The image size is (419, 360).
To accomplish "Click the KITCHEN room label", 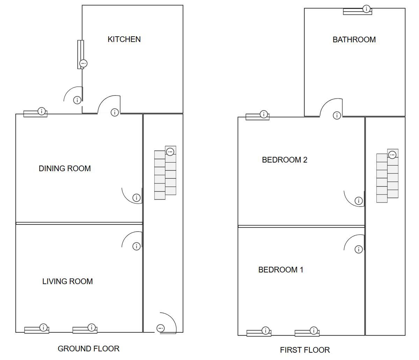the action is (124, 39).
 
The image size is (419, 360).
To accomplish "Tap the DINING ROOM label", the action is (65, 168).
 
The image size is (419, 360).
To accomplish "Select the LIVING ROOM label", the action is (67, 282).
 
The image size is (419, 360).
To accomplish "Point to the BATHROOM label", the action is (354, 40).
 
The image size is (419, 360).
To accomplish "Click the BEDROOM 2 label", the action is (285, 160).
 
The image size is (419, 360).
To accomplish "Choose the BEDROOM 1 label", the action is (281, 270).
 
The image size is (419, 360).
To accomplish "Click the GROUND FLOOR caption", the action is (88, 348).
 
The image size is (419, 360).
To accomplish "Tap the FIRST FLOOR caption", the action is (305, 350).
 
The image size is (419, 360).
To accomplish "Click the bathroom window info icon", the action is (366, 9).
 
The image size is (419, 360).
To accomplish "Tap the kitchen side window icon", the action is (83, 63).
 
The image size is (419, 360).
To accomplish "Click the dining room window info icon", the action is (42, 111).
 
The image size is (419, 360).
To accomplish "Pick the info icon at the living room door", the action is (137, 246).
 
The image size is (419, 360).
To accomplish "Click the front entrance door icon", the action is (160, 328).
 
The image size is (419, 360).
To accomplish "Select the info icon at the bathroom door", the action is (337, 115).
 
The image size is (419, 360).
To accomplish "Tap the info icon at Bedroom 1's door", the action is (359, 249).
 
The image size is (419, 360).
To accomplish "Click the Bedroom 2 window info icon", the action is (264, 114).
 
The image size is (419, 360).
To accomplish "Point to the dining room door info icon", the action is (137, 198).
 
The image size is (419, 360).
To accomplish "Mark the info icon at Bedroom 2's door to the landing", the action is (359, 201).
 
